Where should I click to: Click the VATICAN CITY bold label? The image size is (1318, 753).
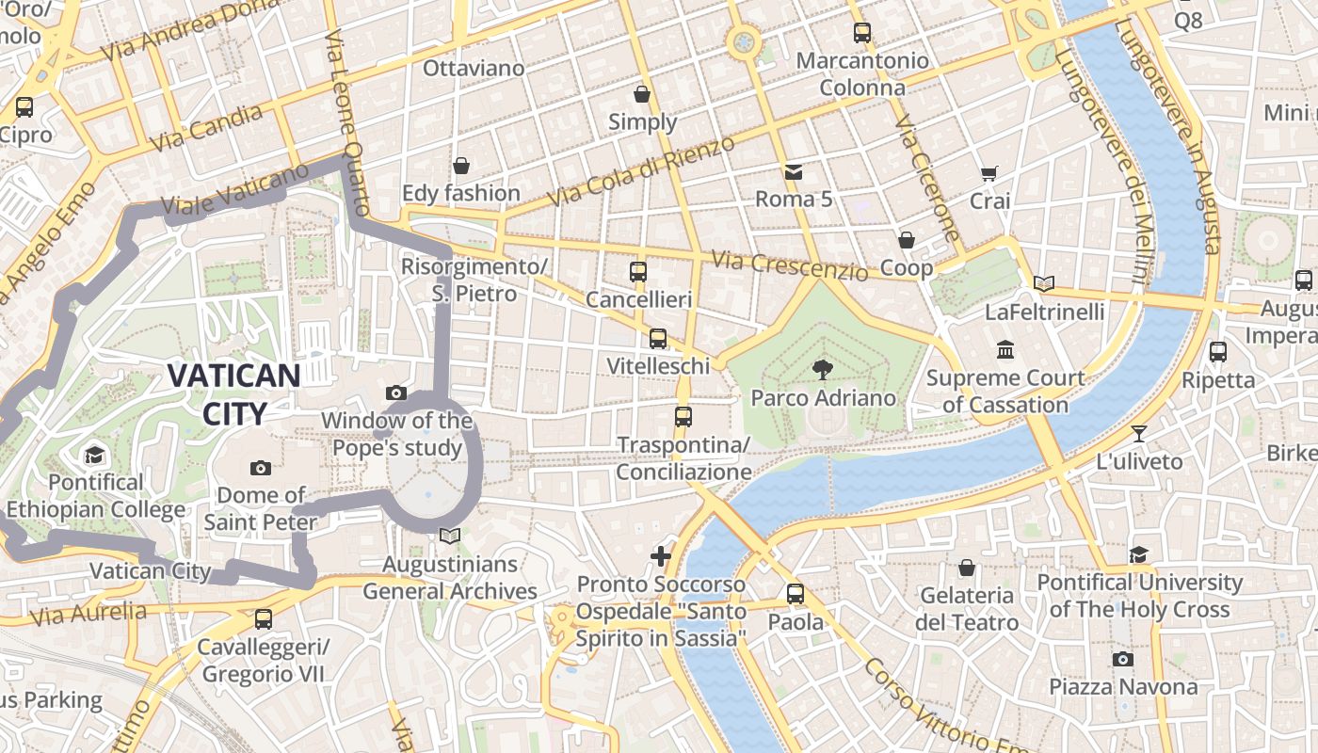tap(233, 393)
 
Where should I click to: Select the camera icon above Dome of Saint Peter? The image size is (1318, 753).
tap(261, 468)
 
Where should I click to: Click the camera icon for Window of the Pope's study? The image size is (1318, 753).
tap(396, 393)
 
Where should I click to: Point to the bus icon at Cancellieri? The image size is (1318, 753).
tap(638, 272)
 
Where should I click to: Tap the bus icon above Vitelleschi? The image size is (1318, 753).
tap(658, 339)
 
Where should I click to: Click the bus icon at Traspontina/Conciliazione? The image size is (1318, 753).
tap(683, 416)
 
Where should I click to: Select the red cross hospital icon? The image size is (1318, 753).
tap(661, 556)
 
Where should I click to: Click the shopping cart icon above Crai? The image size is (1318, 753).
tap(988, 173)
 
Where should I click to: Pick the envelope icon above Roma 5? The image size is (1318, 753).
tap(794, 171)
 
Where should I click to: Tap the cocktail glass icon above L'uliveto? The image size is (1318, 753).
tap(1139, 434)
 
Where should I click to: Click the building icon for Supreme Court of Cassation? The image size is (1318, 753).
tap(1005, 350)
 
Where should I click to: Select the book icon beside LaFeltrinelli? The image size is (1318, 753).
tap(1043, 283)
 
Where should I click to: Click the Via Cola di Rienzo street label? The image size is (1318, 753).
tap(640, 171)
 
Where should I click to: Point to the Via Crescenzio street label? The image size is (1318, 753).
tap(789, 265)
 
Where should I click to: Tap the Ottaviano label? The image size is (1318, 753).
tap(473, 69)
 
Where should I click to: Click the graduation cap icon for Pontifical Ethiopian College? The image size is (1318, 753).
tap(94, 456)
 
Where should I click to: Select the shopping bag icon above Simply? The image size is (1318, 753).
tap(642, 94)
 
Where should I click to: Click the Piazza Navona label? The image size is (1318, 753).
tap(1123, 687)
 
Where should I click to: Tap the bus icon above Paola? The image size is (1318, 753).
tap(796, 594)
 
